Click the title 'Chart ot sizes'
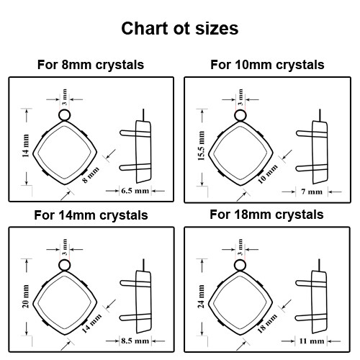click(x=179, y=29)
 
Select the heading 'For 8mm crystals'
click(x=91, y=65)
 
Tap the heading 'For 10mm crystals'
click(x=267, y=65)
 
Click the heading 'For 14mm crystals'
click(x=91, y=215)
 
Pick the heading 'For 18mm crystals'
click(x=266, y=215)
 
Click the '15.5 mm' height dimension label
click(x=201, y=145)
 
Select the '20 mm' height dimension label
click(x=25, y=296)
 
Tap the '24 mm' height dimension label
click(x=201, y=296)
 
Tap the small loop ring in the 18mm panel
click(x=239, y=265)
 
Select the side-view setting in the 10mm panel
click(x=318, y=150)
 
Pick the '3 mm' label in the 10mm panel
click(x=239, y=95)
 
